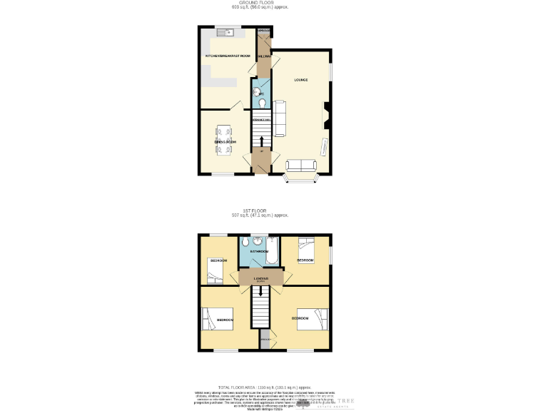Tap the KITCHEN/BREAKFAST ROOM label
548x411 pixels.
coord(228,56)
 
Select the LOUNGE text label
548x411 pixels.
coord(301,79)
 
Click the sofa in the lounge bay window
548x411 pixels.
coord(300,166)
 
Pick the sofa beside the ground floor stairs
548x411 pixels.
coord(280,118)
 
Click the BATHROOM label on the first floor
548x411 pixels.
coord(258,252)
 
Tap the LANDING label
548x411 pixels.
coord(260,278)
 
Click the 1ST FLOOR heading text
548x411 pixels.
coord(255,210)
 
